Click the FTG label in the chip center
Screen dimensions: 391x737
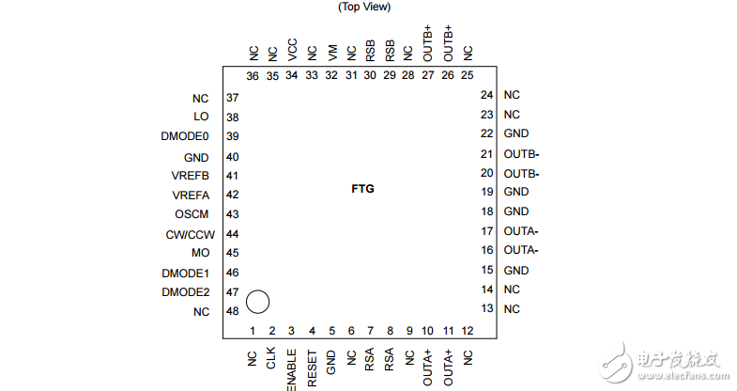(x=362, y=189)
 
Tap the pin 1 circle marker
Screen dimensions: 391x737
(x=257, y=302)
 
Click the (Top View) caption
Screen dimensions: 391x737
(x=364, y=7)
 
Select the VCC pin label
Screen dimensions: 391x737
(x=292, y=49)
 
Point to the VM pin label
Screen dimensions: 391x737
(x=331, y=52)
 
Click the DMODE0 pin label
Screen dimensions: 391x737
(x=185, y=136)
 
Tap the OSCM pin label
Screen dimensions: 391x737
(x=192, y=214)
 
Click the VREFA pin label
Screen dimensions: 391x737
(x=191, y=195)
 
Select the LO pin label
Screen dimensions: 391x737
(x=201, y=117)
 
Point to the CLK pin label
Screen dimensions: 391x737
(x=272, y=359)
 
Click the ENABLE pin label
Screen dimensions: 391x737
(x=292, y=369)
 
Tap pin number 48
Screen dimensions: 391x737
(x=232, y=311)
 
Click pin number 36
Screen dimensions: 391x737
(x=253, y=75)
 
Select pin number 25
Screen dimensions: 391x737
(x=467, y=75)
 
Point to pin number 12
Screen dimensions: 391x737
(x=467, y=330)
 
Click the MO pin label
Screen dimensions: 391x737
(x=200, y=253)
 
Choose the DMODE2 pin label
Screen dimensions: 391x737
(x=185, y=292)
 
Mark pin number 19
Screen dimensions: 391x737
(x=486, y=192)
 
